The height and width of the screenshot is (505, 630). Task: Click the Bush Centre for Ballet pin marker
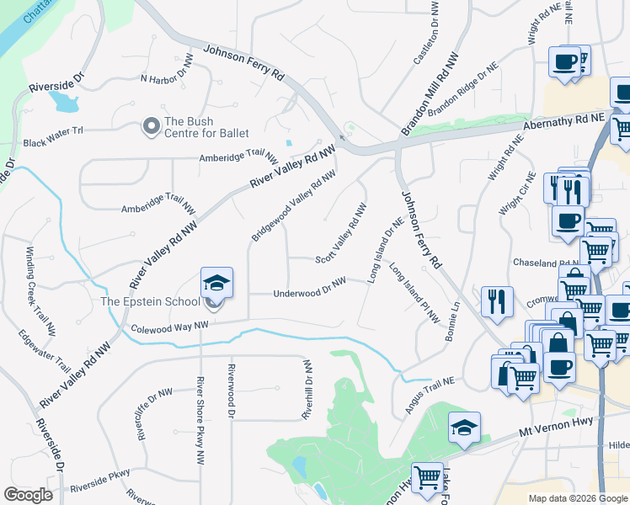coord(152,126)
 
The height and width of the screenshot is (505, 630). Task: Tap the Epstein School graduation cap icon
coord(216,283)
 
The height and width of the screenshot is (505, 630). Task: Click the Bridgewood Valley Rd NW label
coord(294,205)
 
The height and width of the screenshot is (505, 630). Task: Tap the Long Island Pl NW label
coord(414,293)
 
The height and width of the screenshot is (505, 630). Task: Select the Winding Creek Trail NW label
coord(40,273)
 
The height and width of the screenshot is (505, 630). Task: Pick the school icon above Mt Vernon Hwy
coord(464,428)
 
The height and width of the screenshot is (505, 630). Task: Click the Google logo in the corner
coord(28,495)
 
